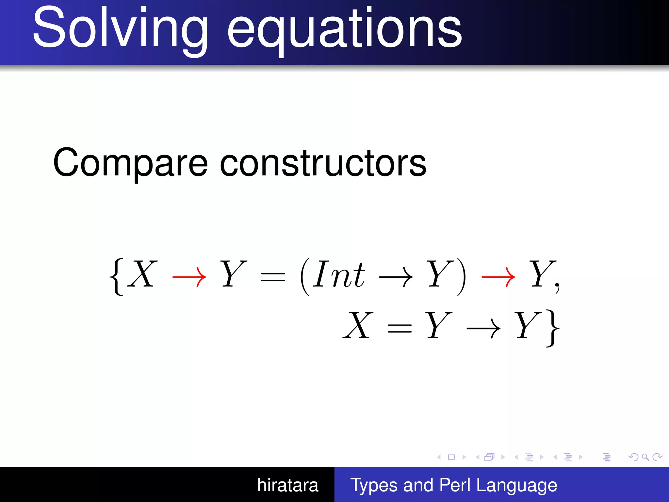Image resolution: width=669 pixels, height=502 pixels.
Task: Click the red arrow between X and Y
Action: (189, 277)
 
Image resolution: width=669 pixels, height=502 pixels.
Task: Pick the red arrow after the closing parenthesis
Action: (498, 277)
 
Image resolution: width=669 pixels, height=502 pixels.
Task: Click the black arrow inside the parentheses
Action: (396, 277)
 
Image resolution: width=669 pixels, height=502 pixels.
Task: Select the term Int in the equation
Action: (338, 275)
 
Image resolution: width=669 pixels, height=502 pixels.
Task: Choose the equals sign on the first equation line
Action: (273, 278)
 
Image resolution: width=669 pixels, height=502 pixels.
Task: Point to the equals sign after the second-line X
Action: (399, 328)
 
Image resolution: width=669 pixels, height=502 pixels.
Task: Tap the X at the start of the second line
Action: (358, 326)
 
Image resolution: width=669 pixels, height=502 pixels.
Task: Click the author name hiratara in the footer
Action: (287, 485)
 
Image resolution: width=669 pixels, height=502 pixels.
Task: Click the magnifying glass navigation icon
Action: (645, 457)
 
